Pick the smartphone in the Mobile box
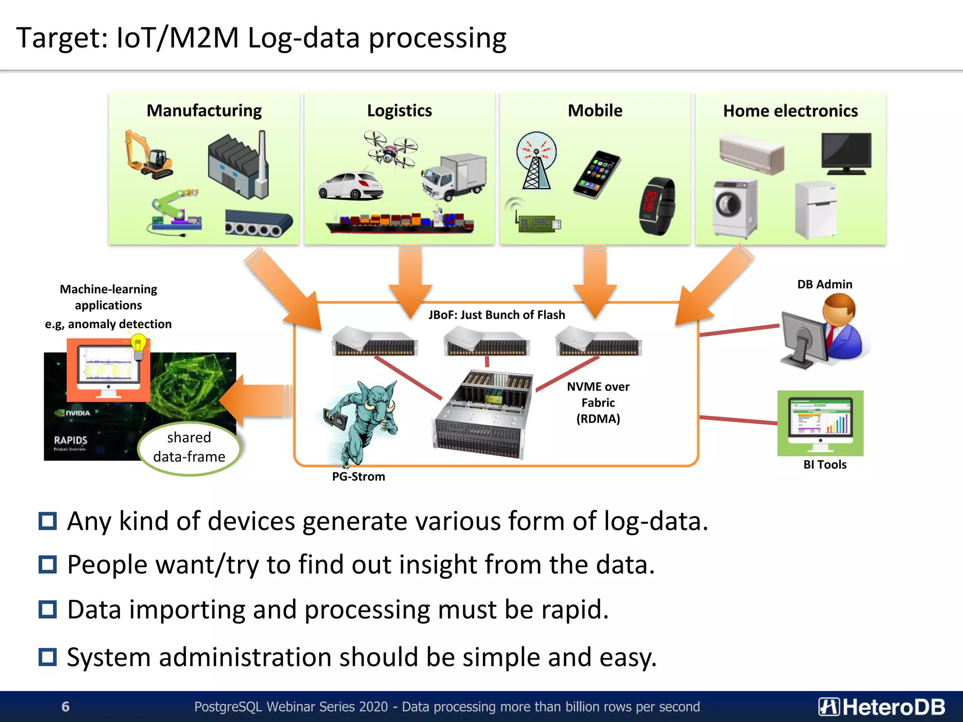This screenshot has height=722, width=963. coord(597,174)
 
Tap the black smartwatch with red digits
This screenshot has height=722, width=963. coord(657,206)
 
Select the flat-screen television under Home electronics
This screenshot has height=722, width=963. coord(846,153)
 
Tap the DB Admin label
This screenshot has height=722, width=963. coord(824,284)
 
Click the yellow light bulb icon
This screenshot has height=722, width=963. coord(138,346)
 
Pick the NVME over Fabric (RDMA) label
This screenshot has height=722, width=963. coord(598,402)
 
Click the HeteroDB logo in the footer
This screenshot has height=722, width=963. coord(882,707)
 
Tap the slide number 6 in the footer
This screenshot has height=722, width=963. coord(65,706)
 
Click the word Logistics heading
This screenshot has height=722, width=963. coord(399,111)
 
